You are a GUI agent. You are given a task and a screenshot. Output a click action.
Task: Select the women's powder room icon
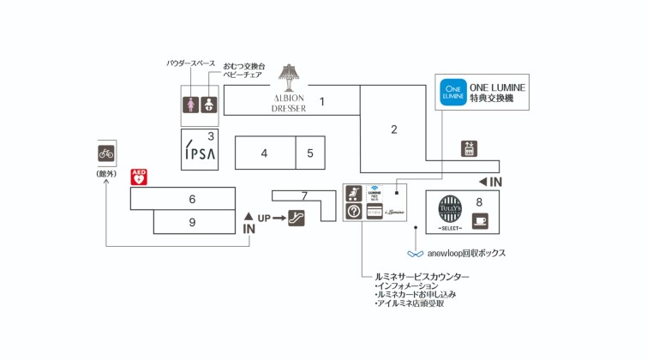click(191, 105)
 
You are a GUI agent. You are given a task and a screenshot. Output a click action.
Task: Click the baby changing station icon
click(209, 105)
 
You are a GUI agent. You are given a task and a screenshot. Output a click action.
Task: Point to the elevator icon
click(468, 148)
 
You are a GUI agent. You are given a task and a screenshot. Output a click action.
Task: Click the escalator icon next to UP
click(297, 218)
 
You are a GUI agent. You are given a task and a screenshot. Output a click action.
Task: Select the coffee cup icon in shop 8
click(479, 220)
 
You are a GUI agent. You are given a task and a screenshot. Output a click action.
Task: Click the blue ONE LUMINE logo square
click(452, 93)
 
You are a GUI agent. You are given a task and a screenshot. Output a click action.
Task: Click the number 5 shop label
click(310, 153)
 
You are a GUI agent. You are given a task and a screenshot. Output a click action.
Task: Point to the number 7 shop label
click(303, 196)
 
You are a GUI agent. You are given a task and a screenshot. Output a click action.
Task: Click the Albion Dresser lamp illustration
click(290, 76)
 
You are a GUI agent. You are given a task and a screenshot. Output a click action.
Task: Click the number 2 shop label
click(394, 130)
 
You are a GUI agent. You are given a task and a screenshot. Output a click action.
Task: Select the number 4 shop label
click(264, 153)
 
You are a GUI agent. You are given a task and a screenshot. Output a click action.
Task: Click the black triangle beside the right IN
click(482, 182)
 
